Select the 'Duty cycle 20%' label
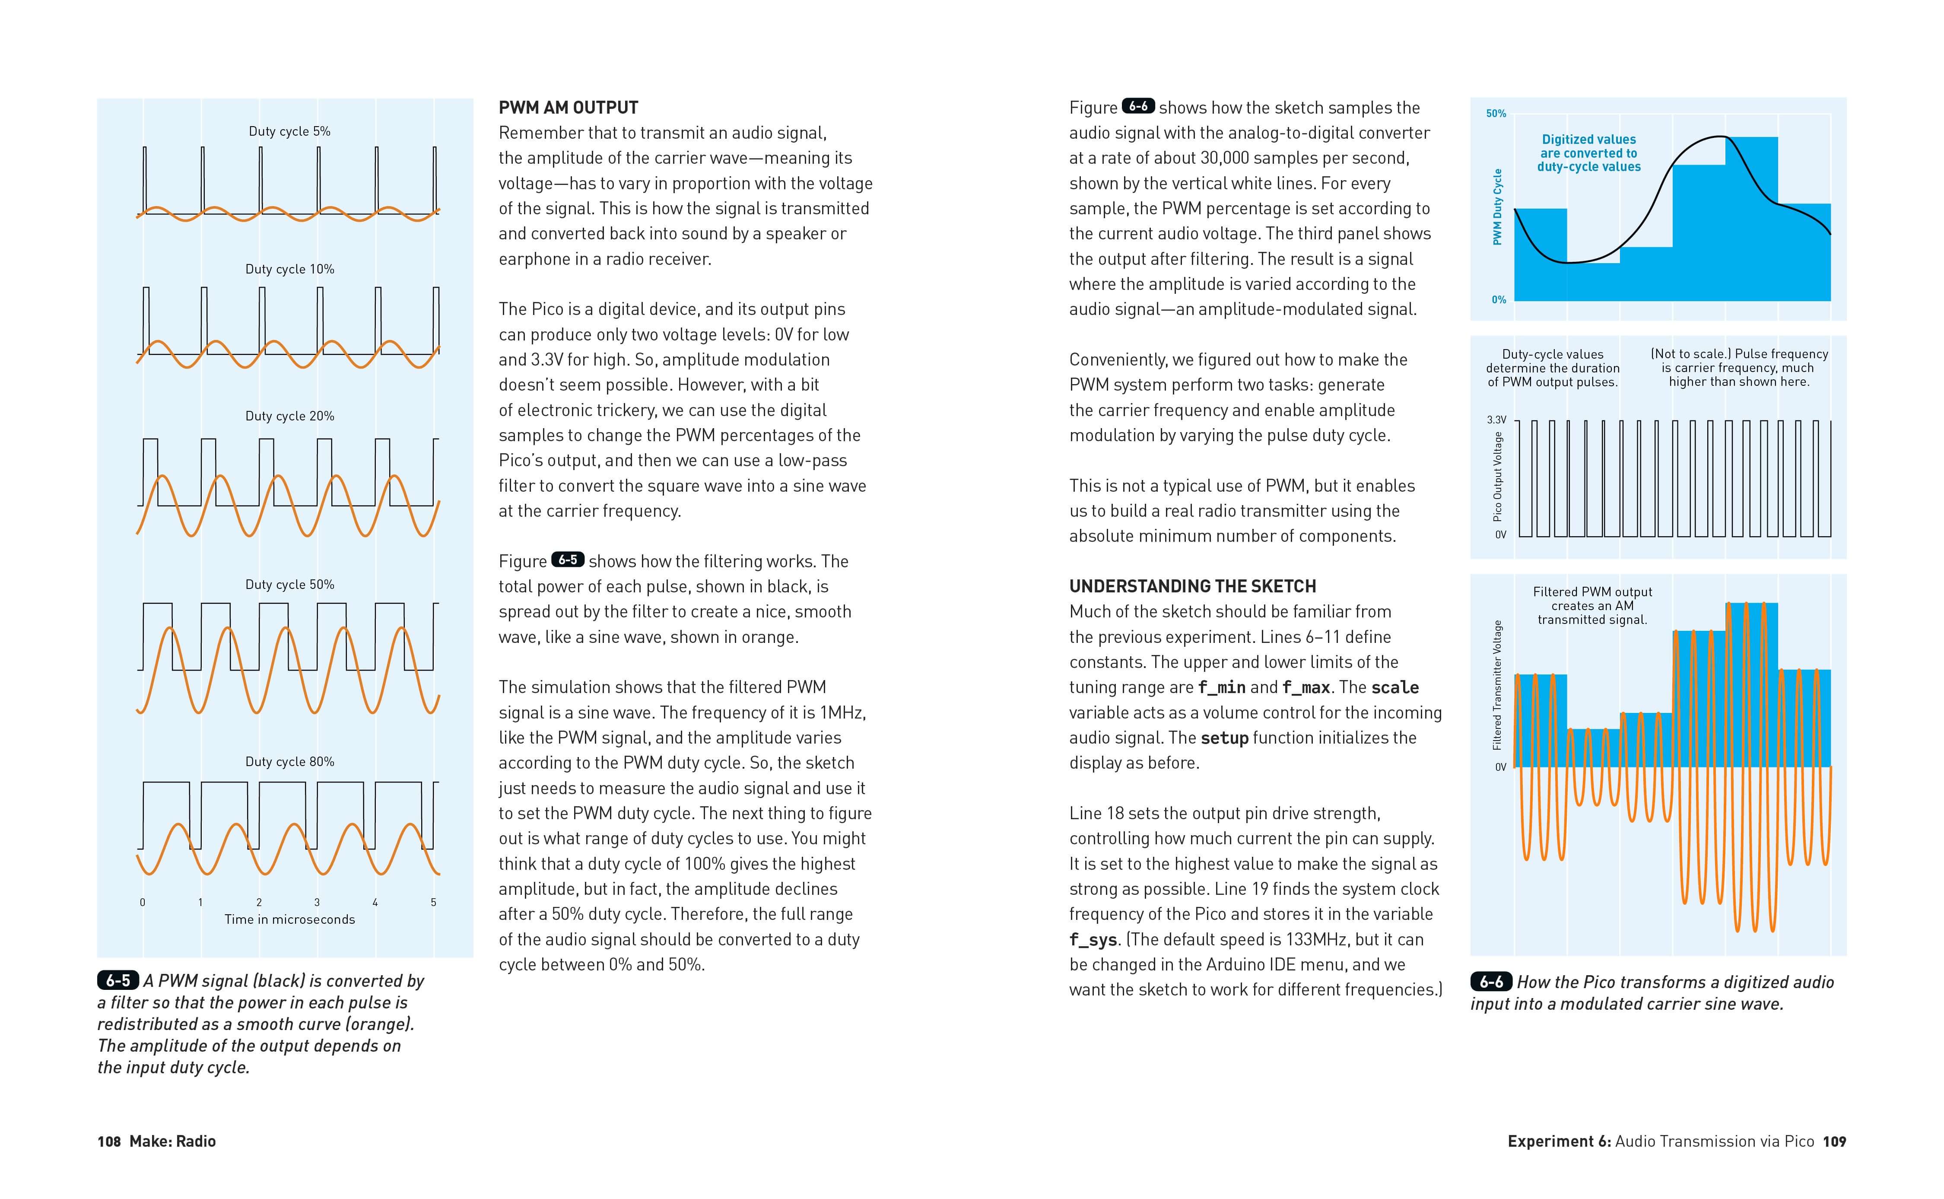coord(289,417)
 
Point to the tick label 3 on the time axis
coord(317,903)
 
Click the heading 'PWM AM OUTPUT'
coord(568,108)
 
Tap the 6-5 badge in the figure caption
coord(118,981)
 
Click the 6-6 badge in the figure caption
coord(1490,982)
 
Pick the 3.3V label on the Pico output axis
coord(1496,420)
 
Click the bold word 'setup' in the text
coord(1224,738)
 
